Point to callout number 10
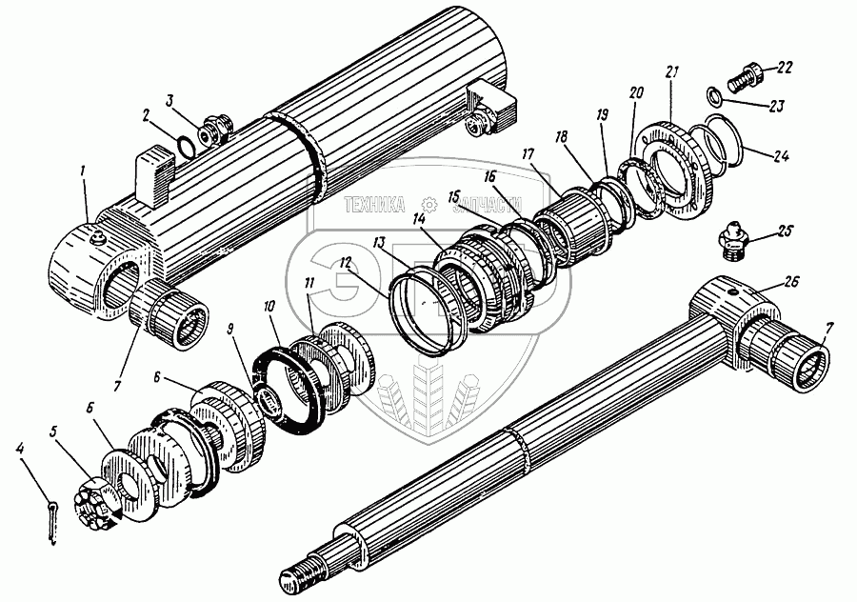(269, 307)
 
